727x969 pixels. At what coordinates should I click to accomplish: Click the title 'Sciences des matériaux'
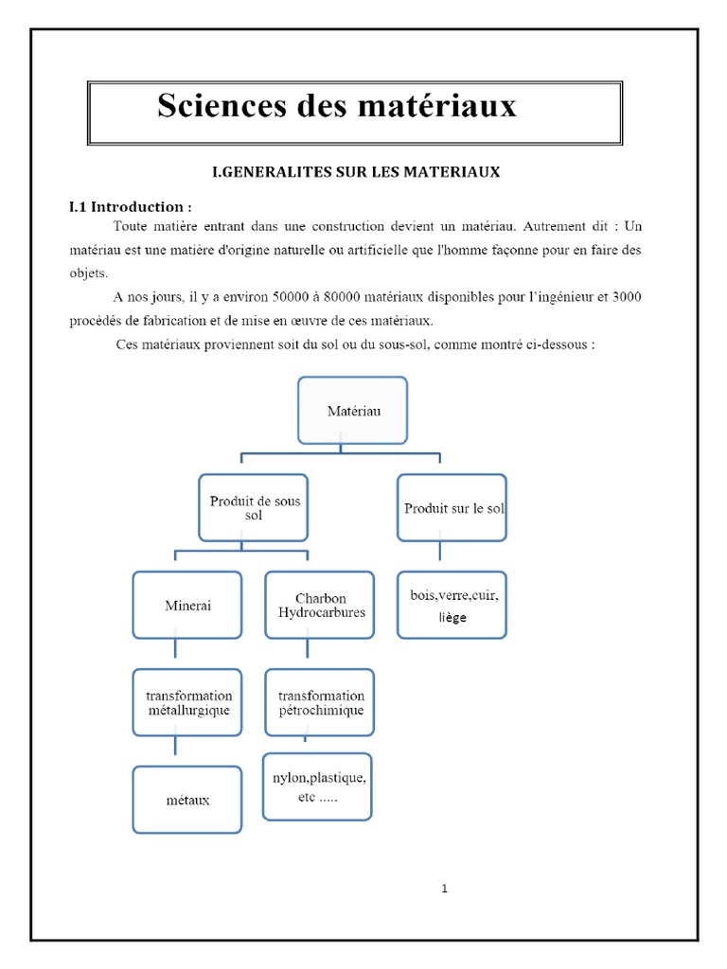pyautogui.click(x=337, y=106)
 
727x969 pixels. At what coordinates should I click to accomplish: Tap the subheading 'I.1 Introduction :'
pyautogui.click(x=131, y=206)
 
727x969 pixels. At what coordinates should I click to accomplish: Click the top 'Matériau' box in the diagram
pyautogui.click(x=352, y=411)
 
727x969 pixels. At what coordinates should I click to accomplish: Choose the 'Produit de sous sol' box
pyautogui.click(x=254, y=508)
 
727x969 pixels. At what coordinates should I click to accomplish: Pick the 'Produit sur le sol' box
pyautogui.click(x=452, y=508)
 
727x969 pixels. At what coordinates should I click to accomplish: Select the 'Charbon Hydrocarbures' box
pyautogui.click(x=320, y=606)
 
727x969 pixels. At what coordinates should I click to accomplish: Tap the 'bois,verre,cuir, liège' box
pyautogui.click(x=452, y=606)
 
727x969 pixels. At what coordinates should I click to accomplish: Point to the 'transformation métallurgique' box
pyautogui.click(x=187, y=703)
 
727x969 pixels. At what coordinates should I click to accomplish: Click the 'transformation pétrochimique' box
pyautogui.click(x=320, y=703)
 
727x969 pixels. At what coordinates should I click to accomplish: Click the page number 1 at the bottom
pyautogui.click(x=444, y=889)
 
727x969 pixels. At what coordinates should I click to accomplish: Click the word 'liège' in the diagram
pyautogui.click(x=452, y=617)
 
